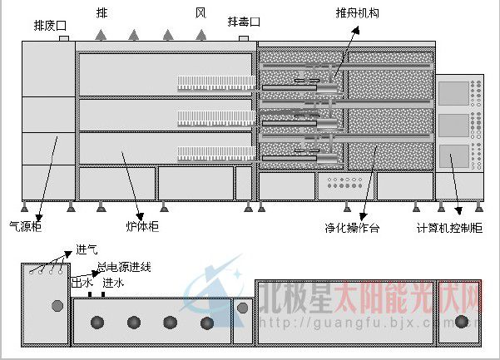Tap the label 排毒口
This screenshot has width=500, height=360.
tap(244, 21)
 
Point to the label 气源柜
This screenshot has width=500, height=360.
tap(23, 225)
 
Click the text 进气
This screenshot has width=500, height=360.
tap(87, 249)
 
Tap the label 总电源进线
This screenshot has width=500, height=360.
tap(123, 268)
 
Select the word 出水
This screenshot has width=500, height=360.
tap(82, 284)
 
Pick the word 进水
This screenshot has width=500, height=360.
tap(113, 284)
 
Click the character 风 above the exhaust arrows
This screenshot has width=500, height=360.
tap(200, 13)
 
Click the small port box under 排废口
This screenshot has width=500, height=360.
tap(64, 37)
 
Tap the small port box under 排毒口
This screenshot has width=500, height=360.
tap(244, 37)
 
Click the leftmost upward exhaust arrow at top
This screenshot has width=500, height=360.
tap(101, 35)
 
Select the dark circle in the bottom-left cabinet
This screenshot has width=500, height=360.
tap(57, 306)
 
